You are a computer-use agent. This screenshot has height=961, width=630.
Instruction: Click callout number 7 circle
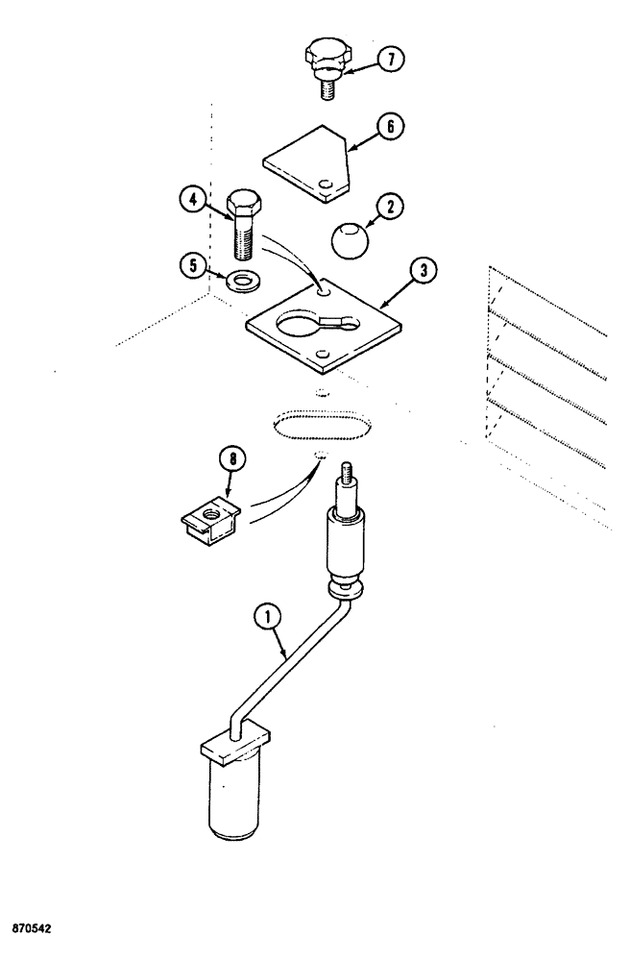point(389,60)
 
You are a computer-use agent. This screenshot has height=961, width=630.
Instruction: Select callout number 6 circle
point(390,128)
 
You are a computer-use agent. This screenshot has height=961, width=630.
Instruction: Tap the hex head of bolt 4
point(244,205)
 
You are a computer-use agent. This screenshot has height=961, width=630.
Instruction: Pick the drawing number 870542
point(36,930)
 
